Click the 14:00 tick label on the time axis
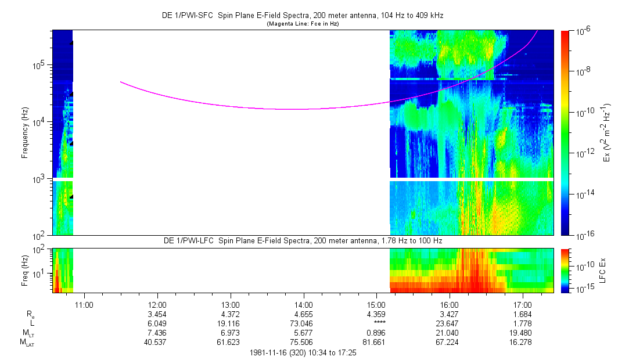click(304, 304)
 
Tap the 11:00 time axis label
click(85, 304)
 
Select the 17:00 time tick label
click(523, 304)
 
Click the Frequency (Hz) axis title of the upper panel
click(25, 132)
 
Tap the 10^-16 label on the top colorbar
click(583, 235)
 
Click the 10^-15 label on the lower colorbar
click(583, 289)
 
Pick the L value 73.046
click(304, 323)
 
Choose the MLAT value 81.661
click(377, 342)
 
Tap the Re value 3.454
click(158, 314)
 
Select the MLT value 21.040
click(450, 333)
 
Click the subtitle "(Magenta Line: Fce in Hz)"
click(303, 24)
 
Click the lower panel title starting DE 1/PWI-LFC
click(303, 240)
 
